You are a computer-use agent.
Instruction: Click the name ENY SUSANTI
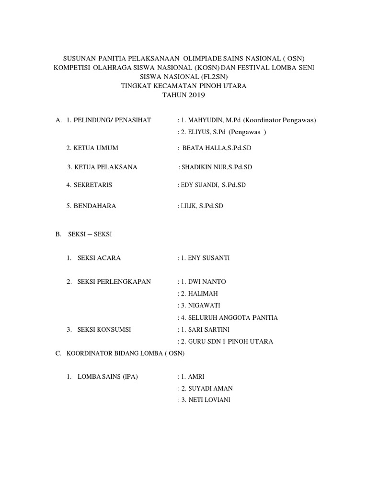pos(208,258)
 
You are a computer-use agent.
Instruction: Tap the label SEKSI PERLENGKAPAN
pos(114,281)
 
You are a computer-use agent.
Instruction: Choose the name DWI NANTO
pos(207,281)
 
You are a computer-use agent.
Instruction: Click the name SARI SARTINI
pos(210,329)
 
